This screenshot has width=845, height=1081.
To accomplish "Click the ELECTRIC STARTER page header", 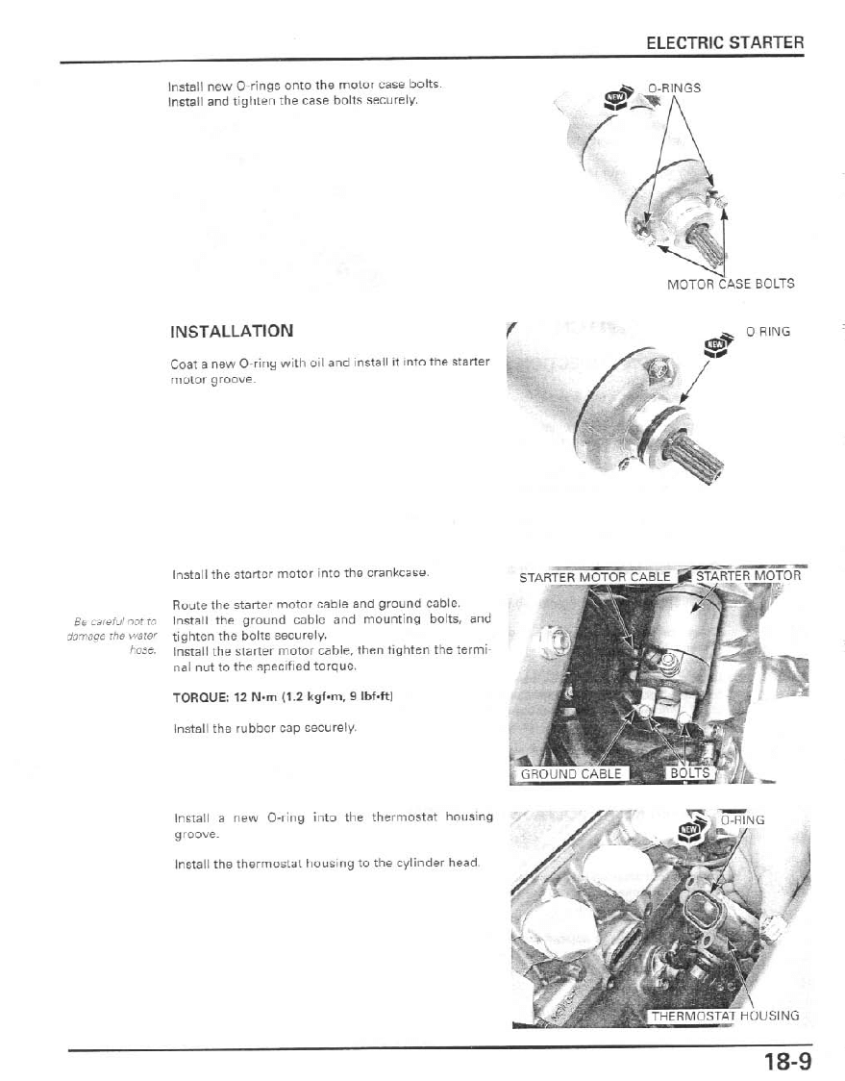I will click(724, 43).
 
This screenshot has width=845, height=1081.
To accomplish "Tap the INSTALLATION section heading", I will click(231, 331).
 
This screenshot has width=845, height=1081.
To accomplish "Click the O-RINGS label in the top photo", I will click(674, 88).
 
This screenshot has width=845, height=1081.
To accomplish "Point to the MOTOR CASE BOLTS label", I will click(731, 284).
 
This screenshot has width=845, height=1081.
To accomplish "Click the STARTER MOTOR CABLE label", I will click(594, 577).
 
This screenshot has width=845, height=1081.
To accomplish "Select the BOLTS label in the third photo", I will click(688, 773).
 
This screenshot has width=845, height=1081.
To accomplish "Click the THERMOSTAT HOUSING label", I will click(724, 1016).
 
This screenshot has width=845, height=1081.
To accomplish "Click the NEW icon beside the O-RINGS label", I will click(615, 96).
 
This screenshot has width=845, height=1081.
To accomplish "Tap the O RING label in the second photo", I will click(767, 332).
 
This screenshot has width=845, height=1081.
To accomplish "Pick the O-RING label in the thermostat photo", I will click(742, 820).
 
